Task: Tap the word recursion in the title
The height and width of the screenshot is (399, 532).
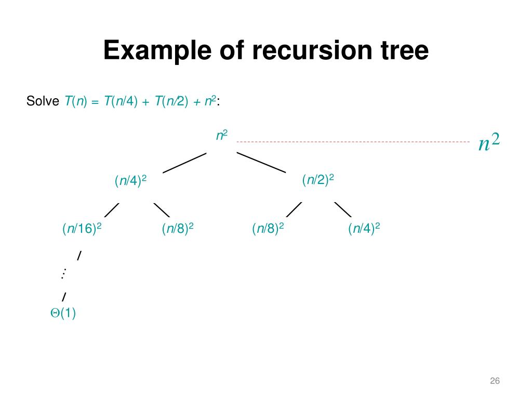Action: coord(312,50)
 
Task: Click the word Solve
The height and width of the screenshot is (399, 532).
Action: coord(43,101)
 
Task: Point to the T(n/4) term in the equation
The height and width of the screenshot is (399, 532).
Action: coord(121,101)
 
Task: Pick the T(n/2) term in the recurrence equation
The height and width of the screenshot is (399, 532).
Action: coord(171,101)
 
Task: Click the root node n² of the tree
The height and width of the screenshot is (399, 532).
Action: coord(222,136)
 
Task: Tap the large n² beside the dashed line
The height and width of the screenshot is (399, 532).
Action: coord(489,142)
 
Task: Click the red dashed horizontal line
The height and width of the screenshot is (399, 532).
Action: coord(353,142)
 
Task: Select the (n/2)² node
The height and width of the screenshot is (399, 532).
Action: coord(318,180)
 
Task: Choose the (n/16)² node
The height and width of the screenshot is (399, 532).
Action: coord(82,229)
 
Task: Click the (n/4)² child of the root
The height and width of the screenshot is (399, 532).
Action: coord(130,180)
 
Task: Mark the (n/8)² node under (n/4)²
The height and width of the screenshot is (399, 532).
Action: coord(178,229)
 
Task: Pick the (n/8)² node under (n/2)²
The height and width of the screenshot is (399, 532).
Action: coord(268,229)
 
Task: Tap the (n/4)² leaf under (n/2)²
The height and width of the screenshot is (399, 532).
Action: coord(364,229)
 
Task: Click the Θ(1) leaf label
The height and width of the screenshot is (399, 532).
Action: coord(63,312)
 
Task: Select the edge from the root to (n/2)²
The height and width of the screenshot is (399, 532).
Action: coord(261,163)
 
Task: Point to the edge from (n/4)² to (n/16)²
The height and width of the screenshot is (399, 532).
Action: coord(112,210)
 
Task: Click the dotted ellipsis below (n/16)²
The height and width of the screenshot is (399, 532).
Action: coord(63,273)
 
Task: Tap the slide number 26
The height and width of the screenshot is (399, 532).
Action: coord(495,381)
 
